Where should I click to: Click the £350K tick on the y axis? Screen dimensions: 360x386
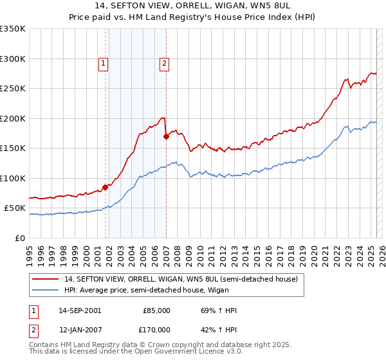(x=13, y=29)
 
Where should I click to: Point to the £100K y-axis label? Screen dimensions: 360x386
(x=13, y=178)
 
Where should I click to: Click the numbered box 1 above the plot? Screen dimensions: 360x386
(x=104, y=63)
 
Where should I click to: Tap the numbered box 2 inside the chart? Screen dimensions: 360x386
(x=165, y=63)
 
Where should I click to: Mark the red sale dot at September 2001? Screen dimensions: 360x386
(x=106, y=187)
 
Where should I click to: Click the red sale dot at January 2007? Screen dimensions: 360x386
(x=166, y=136)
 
